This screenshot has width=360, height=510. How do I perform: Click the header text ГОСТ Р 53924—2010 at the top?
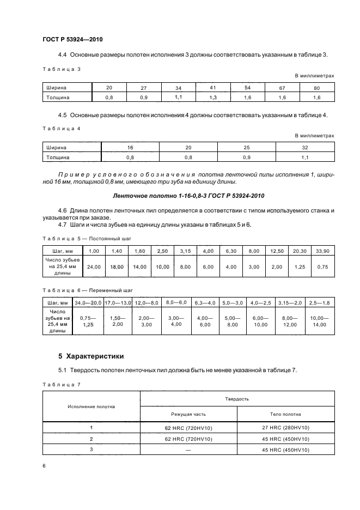72,40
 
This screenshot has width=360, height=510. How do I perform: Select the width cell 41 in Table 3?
213,87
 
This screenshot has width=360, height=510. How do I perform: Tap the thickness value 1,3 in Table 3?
213,97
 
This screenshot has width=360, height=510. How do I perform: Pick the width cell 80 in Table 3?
317,87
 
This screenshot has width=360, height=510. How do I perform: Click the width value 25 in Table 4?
246,147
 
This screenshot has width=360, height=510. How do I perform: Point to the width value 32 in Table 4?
305,147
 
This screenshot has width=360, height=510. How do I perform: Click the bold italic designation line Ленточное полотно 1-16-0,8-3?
188,196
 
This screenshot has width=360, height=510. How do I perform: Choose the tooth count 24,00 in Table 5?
94,268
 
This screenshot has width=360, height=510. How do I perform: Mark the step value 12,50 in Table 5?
277,250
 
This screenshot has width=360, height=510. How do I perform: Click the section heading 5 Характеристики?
90,356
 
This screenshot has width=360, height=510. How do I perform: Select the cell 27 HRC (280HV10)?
285,428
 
